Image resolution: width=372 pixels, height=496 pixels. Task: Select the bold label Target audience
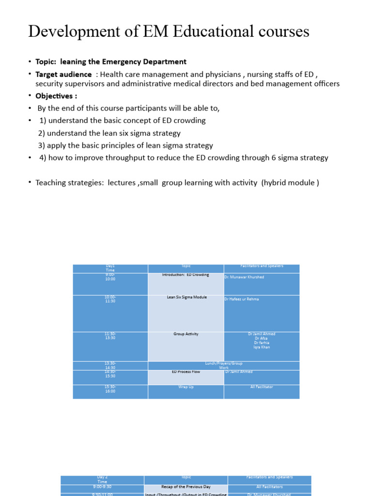[x=63, y=74]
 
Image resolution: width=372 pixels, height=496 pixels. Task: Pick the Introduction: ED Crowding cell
[x=186, y=275]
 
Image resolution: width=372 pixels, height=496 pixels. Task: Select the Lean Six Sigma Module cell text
[x=186, y=297]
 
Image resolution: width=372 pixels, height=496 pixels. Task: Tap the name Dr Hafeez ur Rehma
[x=241, y=299]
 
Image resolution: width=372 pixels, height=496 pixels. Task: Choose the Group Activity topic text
[x=186, y=334]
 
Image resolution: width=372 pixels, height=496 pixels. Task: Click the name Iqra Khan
[x=262, y=347]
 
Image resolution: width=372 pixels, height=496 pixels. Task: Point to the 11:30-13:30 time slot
[x=110, y=336]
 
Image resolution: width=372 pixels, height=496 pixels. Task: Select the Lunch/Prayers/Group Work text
[x=223, y=365]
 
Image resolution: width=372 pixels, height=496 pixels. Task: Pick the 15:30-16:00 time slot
[x=110, y=389]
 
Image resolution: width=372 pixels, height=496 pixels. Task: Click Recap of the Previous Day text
[x=186, y=487]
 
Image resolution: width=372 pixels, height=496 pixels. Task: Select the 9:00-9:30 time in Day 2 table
[x=102, y=487]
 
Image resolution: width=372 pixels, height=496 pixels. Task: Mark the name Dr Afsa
[x=262, y=339]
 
